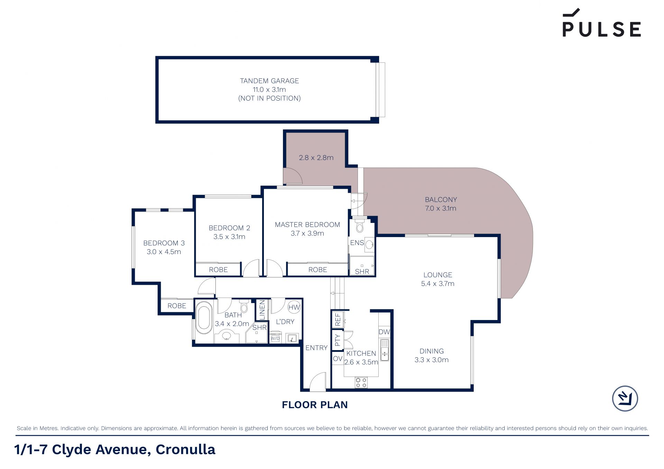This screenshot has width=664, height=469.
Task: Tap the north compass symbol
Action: [625, 398]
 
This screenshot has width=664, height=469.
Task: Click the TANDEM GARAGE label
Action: [269, 81]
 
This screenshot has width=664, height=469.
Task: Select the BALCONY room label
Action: [441, 200]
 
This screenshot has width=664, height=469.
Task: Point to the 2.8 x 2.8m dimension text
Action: [316, 158]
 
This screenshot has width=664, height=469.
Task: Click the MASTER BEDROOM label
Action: [307, 225]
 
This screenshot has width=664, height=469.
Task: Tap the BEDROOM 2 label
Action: [229, 228]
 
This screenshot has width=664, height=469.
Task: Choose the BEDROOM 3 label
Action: [164, 243]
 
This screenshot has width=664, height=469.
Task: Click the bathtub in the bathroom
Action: [204, 318]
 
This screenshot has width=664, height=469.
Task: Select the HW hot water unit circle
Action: [294, 307]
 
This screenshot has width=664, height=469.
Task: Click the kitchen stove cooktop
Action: [361, 382]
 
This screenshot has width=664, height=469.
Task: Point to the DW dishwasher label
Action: [384, 332]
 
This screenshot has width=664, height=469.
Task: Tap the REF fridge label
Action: [338, 320]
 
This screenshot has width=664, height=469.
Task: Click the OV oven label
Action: [338, 359]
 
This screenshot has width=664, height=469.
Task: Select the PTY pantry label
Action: [338, 340]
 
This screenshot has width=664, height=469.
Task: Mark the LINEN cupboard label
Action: [262, 310]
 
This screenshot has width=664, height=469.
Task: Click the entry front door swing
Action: [318, 381]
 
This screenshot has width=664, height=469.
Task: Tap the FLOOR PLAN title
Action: [315, 405]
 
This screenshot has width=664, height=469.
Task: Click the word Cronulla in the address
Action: [185, 449]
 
